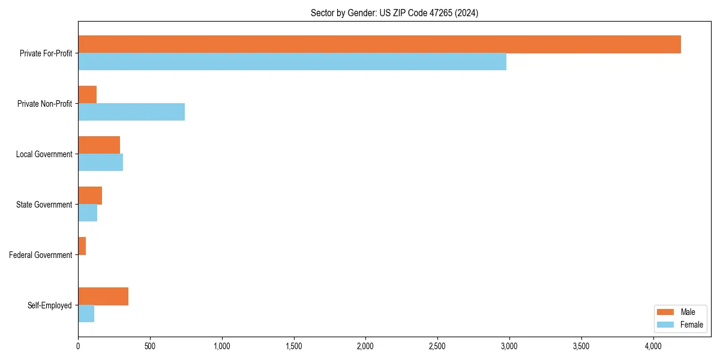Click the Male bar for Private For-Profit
pyautogui.click(x=379, y=44)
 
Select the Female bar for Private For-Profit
pyautogui.click(x=292, y=62)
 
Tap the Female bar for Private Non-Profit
pyautogui.click(x=131, y=112)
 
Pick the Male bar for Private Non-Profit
pyautogui.click(x=87, y=95)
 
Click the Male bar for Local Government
pyautogui.click(x=99, y=145)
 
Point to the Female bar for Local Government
pyautogui.click(x=100, y=163)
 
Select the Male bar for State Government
pyautogui.click(x=90, y=196)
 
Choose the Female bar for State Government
pyautogui.click(x=88, y=213)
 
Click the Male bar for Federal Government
pyautogui.click(x=82, y=246)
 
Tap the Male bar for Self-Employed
pyautogui.click(x=103, y=296)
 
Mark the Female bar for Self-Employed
pyautogui.click(x=86, y=314)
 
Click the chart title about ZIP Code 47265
pyautogui.click(x=394, y=13)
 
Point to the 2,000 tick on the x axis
pyautogui.click(x=365, y=346)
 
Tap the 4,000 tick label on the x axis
pyautogui.click(x=653, y=346)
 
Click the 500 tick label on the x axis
pyautogui.click(x=150, y=346)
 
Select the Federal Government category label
pyautogui.click(x=41, y=255)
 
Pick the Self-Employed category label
pyautogui.click(x=50, y=305)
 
